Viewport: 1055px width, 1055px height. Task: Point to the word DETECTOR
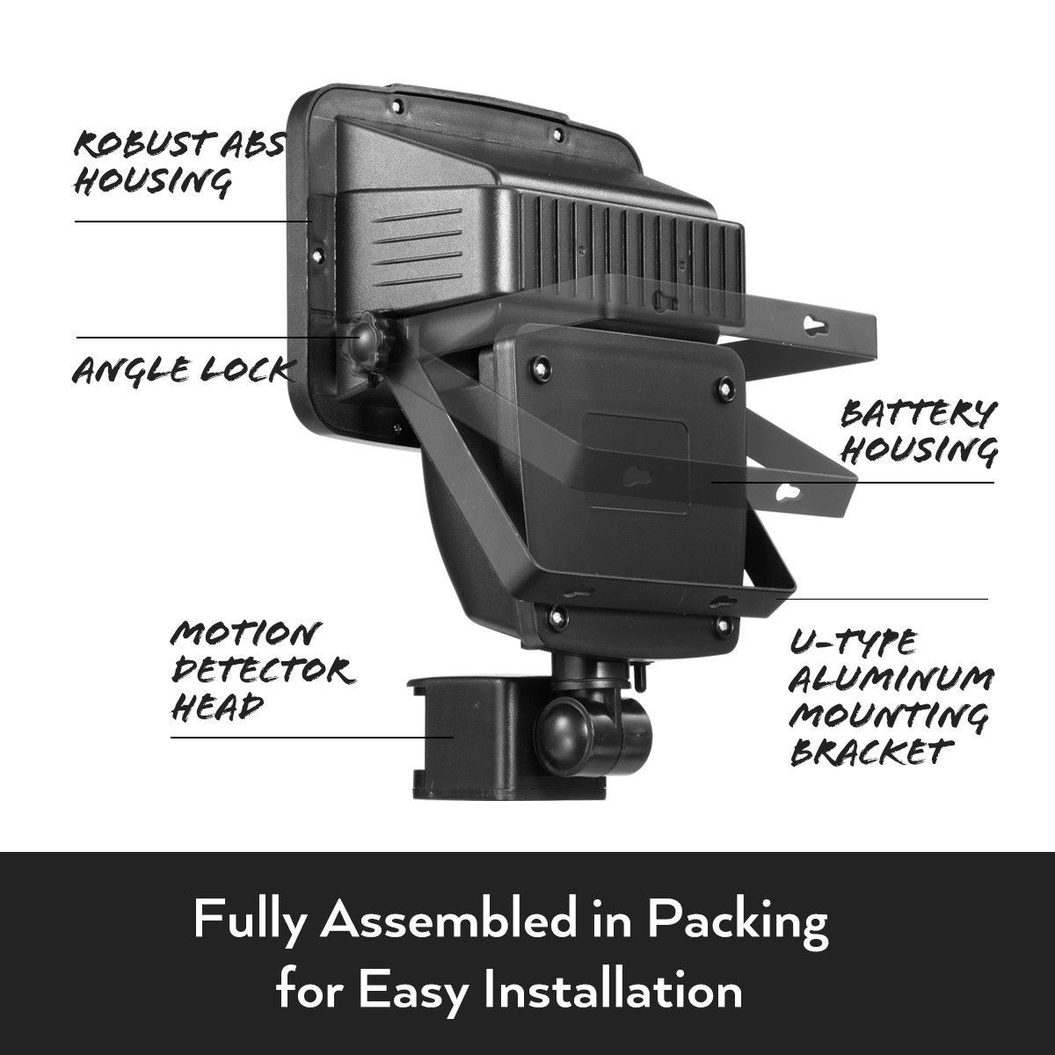pos(263,670)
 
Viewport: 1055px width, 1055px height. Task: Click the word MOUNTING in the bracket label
pos(889,716)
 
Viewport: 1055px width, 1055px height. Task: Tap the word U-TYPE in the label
pos(854,643)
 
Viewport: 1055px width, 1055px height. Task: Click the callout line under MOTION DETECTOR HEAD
pos(312,738)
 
